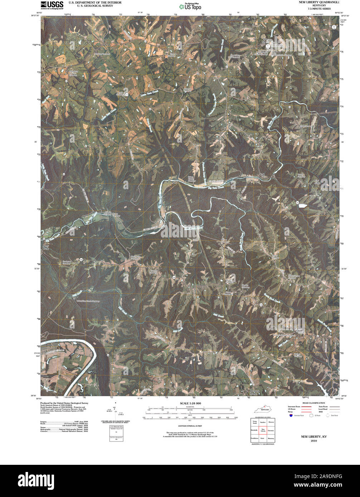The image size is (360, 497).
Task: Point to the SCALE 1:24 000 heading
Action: [x=191, y=403]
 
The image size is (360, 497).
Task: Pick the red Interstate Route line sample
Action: [x=305, y=407]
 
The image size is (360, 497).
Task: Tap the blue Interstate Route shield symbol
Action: [x=291, y=415]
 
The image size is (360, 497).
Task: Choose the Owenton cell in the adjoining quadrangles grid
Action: [x=271, y=430]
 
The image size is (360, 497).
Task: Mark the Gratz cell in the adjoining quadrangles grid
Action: [x=262, y=438]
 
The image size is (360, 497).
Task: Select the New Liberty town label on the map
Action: [x=265, y=41]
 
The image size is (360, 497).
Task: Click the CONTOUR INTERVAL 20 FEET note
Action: [x=190, y=426]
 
